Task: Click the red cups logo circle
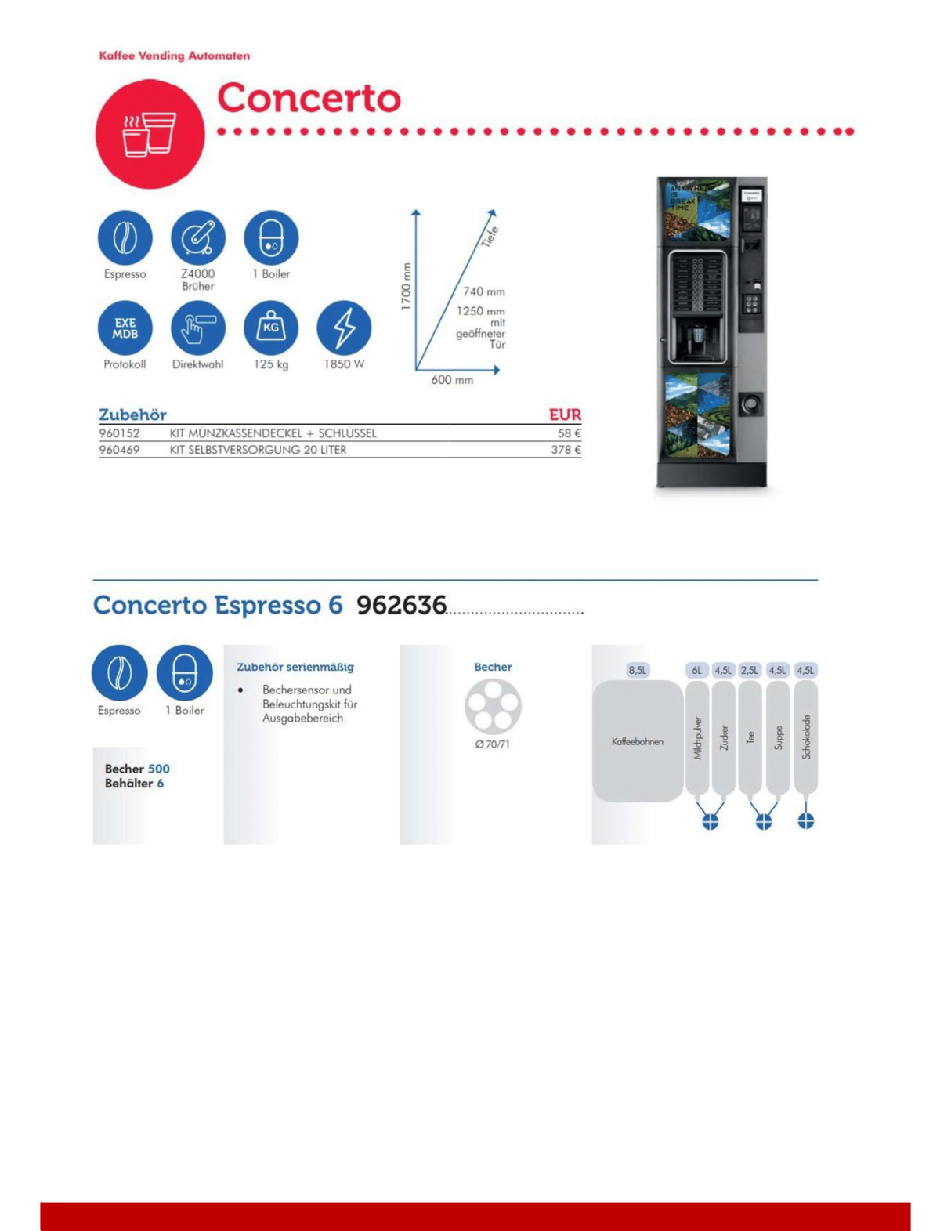[150, 134]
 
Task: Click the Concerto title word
[309, 98]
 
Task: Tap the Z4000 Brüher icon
[198, 237]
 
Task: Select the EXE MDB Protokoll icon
[125, 328]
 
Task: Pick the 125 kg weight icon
[271, 328]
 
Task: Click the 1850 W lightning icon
[344, 328]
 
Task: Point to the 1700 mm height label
[406, 287]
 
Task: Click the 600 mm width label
[452, 380]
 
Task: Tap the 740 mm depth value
[483, 291]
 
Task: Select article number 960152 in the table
[119, 433]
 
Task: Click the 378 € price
[566, 450]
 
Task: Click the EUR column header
[565, 415]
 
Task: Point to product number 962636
[401, 605]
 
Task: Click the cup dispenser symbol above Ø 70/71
[493, 706]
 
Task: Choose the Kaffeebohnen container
[637, 741]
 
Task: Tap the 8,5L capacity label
[638, 670]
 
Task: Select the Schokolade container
[806, 737]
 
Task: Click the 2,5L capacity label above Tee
[750, 670]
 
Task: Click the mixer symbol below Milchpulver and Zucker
[711, 821]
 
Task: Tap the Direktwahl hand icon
[198, 328]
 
